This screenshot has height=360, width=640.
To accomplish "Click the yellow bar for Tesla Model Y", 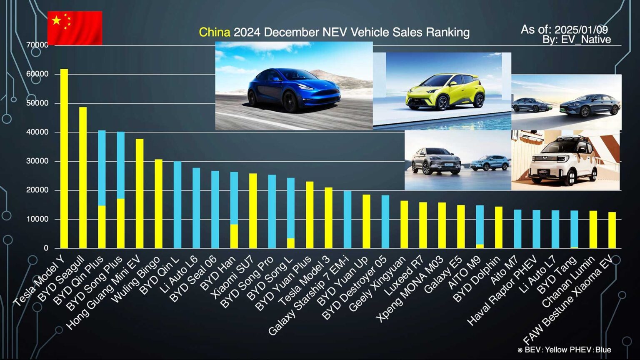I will [x=64, y=158].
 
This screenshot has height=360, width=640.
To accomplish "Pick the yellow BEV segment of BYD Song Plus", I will [x=120, y=223].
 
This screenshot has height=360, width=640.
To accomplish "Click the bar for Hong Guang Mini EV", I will [x=140, y=194].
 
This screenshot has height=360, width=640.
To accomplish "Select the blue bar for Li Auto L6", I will [x=196, y=208].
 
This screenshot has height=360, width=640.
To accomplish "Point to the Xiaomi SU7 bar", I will [x=253, y=211].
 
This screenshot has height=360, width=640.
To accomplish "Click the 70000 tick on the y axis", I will [x=37, y=45].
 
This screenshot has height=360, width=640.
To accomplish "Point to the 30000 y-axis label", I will [x=37, y=161].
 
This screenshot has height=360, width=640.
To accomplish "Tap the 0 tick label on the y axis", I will [x=46, y=248].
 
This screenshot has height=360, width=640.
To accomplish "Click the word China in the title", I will [x=214, y=32].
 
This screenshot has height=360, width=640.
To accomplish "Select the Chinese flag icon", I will [x=75, y=28].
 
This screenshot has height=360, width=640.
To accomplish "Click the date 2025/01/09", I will [x=581, y=30].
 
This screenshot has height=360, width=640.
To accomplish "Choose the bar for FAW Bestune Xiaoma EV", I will [x=612, y=230].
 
